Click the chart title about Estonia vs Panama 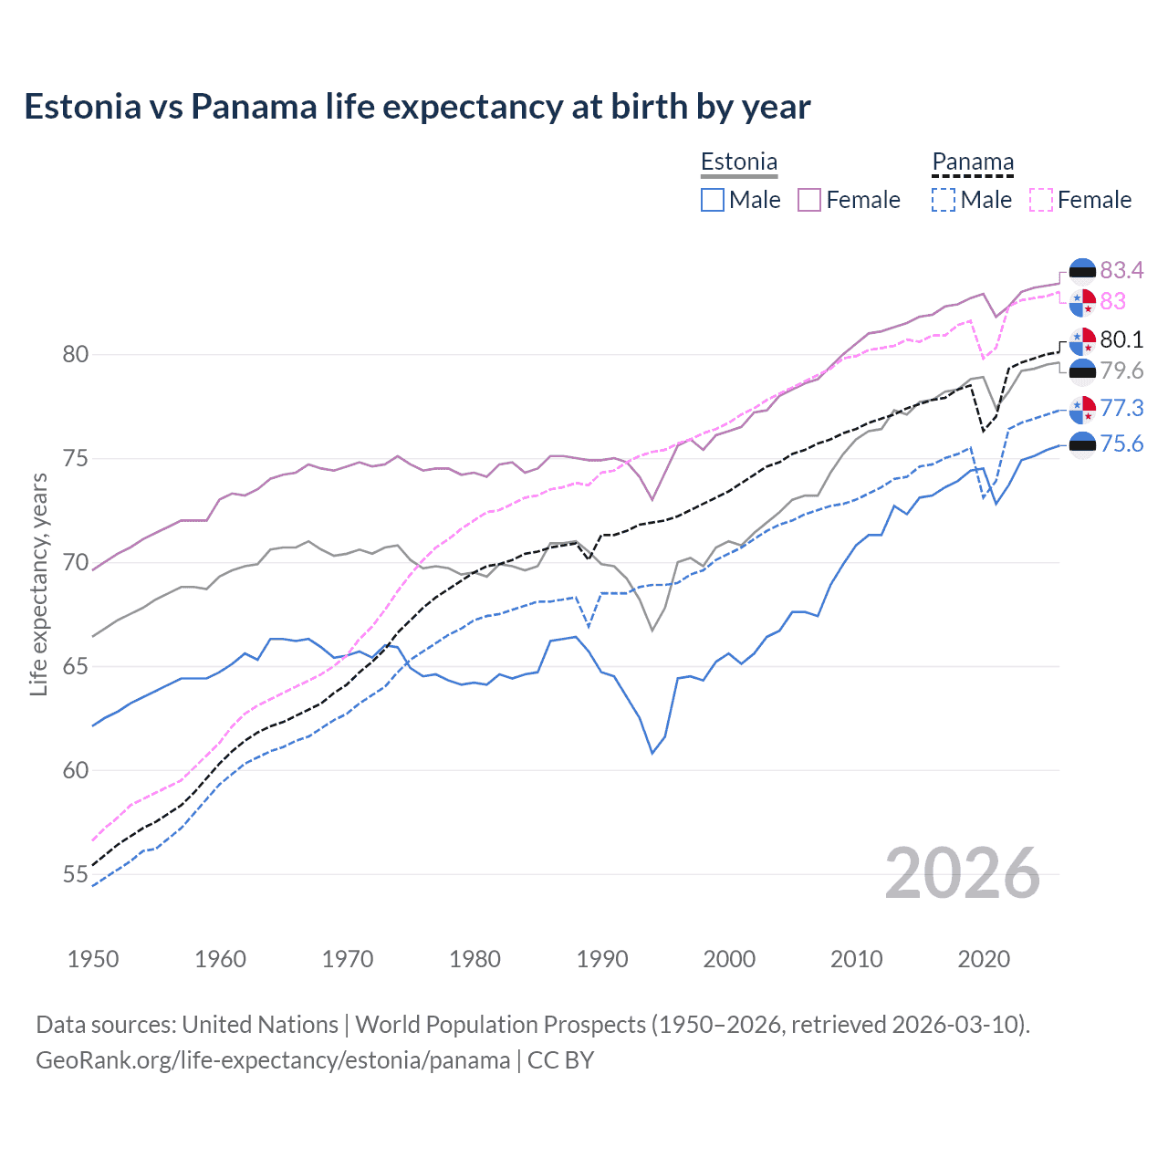(x=417, y=107)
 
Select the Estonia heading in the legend (x=739, y=162)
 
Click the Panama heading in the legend (x=973, y=162)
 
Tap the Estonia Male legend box (x=713, y=200)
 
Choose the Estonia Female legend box (x=809, y=200)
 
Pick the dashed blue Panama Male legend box (x=944, y=200)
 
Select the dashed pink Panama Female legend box (x=1041, y=200)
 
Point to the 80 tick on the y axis (x=75, y=354)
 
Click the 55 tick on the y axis (x=75, y=874)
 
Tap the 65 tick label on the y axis (x=75, y=666)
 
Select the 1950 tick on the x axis (x=93, y=959)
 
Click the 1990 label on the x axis (x=602, y=959)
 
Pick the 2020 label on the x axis (x=984, y=959)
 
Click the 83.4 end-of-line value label (x=1121, y=270)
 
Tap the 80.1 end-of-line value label (x=1121, y=339)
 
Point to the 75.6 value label (x=1121, y=443)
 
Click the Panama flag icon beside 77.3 (x=1082, y=410)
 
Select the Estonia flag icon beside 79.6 (x=1082, y=370)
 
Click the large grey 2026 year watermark (x=963, y=873)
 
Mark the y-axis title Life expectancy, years (x=38, y=584)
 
